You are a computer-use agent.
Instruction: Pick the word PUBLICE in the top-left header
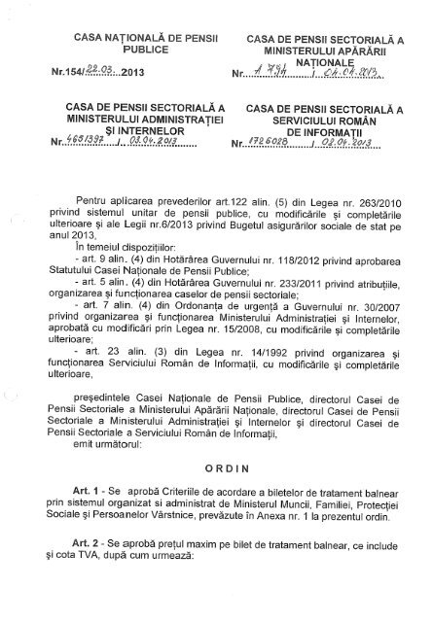(136, 55)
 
